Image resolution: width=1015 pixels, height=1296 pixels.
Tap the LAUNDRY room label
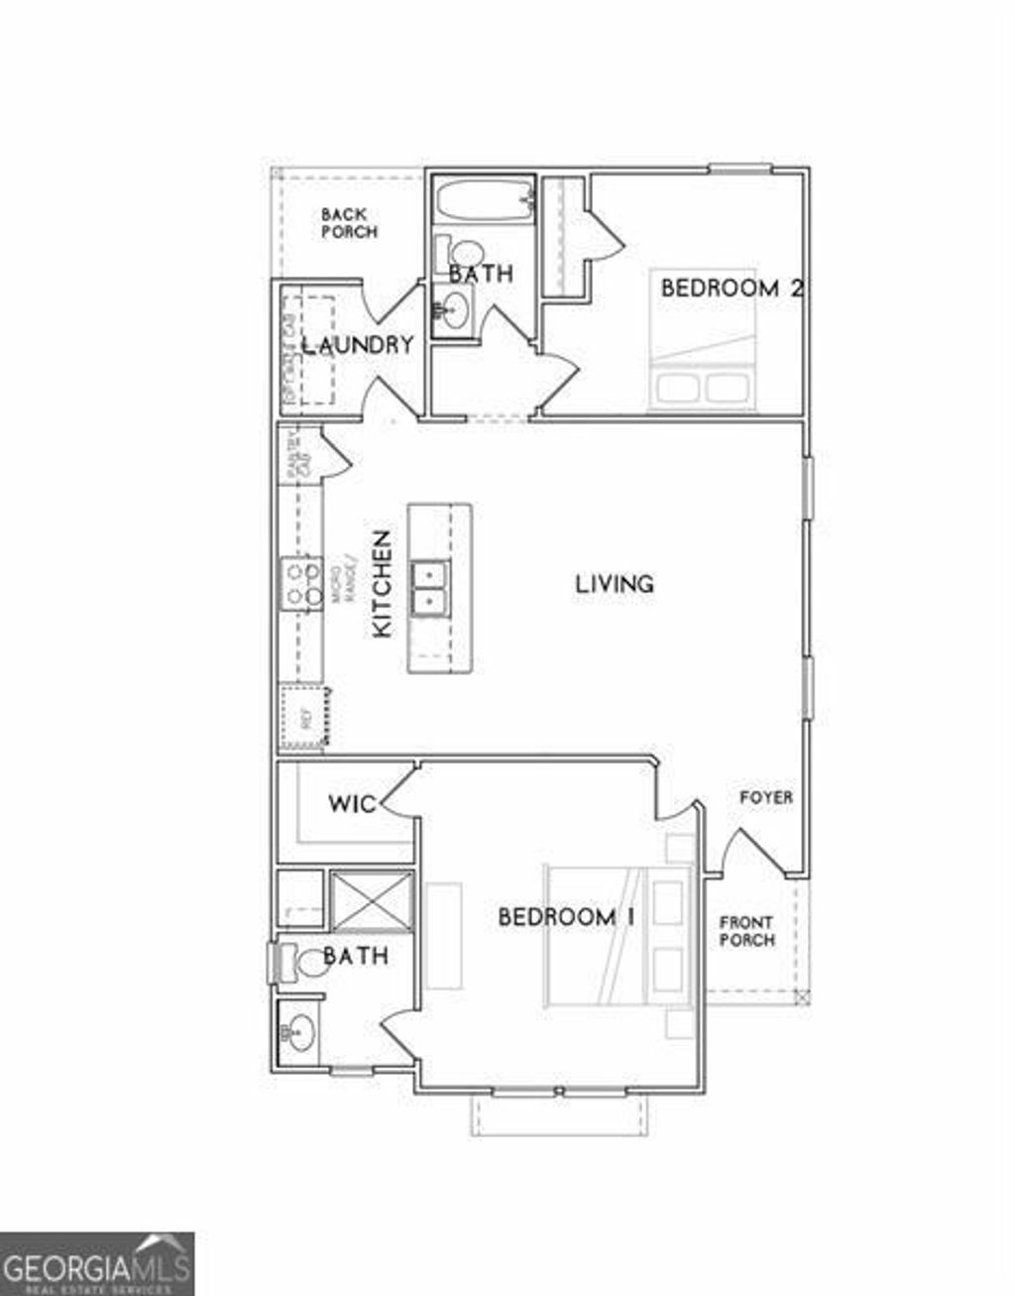coord(357,345)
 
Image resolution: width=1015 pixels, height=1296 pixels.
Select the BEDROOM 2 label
coord(731,289)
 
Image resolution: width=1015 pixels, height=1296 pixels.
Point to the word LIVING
coord(615,583)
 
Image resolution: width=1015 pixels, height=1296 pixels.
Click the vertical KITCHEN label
coord(382,584)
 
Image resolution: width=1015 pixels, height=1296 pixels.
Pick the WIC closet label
coord(352,802)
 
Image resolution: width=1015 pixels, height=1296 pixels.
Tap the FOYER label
coord(766,797)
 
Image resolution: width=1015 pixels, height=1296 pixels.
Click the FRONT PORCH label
coord(747,930)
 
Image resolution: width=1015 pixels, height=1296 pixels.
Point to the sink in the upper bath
coord(455,309)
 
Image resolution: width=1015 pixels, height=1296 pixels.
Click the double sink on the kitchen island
coord(430,587)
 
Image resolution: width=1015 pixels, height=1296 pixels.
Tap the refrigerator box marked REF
coord(303,719)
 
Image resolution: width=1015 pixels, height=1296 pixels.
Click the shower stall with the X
coord(371,900)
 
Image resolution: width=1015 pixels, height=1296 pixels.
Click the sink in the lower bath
coord(297,1034)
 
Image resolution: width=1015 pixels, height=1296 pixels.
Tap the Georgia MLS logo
coord(97,1263)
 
